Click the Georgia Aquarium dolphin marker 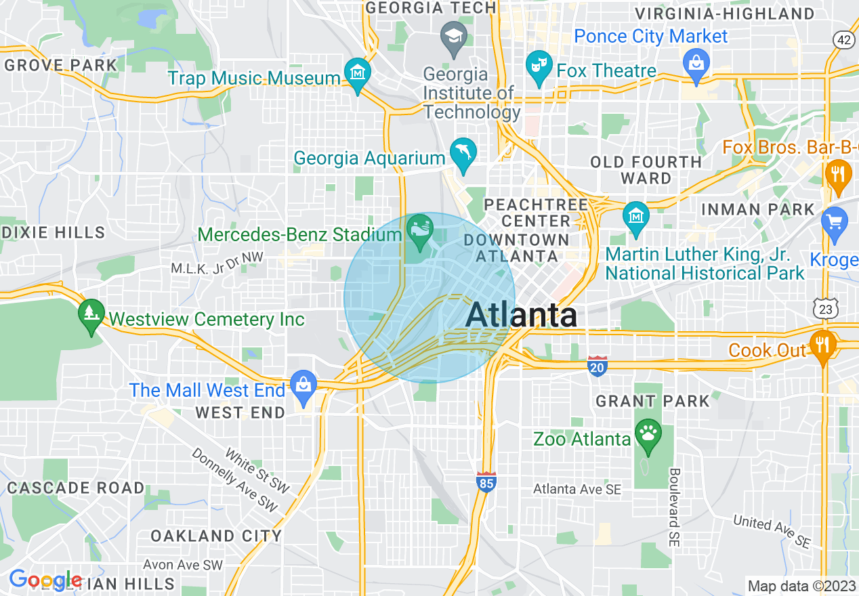[x=463, y=153]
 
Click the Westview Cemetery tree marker [x=90, y=314]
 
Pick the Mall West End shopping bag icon [x=303, y=385]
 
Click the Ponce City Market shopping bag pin [x=696, y=64]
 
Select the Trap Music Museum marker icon [x=357, y=72]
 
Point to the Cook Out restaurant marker [x=823, y=343]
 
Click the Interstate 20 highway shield [x=598, y=366]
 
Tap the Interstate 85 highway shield [x=486, y=482]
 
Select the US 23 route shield [x=827, y=308]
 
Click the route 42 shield [x=843, y=41]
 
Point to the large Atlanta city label [x=521, y=316]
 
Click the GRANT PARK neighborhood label [x=652, y=401]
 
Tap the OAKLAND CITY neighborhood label [x=216, y=536]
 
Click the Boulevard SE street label [x=675, y=507]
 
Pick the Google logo [x=45, y=580]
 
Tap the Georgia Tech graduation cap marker [x=452, y=35]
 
